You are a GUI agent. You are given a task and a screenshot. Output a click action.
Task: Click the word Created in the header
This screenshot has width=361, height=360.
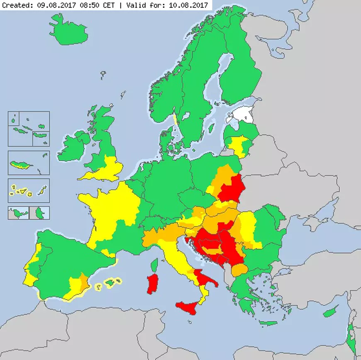click(16, 5)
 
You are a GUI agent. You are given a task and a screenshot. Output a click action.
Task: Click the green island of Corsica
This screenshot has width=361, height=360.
click(154, 265)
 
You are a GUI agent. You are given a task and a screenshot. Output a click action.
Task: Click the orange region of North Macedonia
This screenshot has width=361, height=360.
click(239, 270)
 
